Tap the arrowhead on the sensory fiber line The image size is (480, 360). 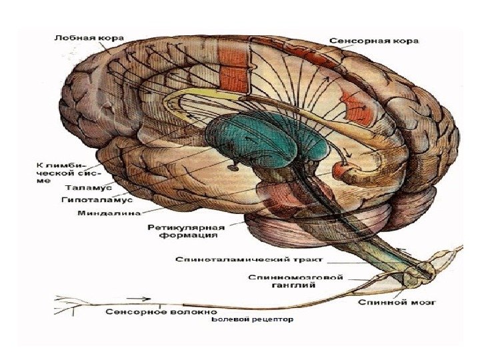(141, 301)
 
